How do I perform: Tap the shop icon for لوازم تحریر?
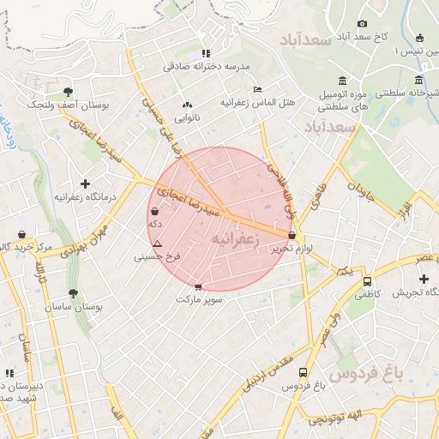(x=292, y=235)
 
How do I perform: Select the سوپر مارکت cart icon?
(x=199, y=287)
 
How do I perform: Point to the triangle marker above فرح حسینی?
(x=156, y=244)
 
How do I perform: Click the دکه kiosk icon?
(x=154, y=211)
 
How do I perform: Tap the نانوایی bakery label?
(x=187, y=116)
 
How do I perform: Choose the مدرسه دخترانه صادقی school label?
(x=206, y=65)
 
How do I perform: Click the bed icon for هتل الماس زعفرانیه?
(x=257, y=89)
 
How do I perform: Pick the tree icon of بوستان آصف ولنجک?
(x=68, y=91)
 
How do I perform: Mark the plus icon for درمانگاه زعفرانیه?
(x=84, y=183)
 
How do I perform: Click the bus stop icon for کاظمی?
(x=367, y=281)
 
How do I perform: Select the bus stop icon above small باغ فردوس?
(x=303, y=372)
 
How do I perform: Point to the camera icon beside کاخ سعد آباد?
(x=362, y=23)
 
